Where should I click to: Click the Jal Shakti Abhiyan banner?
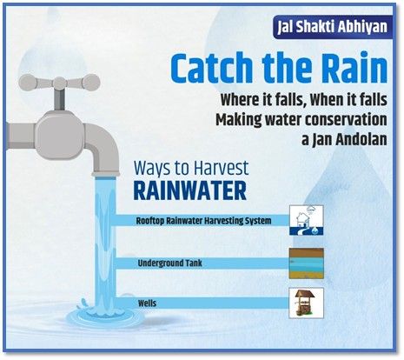pos(333,27)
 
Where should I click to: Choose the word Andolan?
pos(361,140)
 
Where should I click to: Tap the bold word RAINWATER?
pos(190,190)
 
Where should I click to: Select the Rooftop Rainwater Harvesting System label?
pos(203,221)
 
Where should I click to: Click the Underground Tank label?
pos(170,263)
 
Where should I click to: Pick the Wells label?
pos(147,303)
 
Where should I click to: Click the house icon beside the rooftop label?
pos(307,220)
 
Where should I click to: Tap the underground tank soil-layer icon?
pos(307,263)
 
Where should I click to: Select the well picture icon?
pos(306,303)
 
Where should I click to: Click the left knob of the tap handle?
pos(29,83)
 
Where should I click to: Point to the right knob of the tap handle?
pos(90,83)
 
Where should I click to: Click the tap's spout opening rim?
pos(106,174)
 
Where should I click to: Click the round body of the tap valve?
pos(60,135)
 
